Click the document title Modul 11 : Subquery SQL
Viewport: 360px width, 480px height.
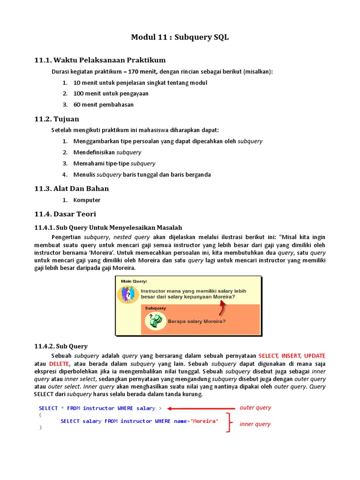coord(180,37)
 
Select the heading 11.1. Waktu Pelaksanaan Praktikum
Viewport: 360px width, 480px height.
coord(100,60)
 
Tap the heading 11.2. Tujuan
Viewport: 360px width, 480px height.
coord(57,119)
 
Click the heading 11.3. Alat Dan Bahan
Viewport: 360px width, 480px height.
coord(72,188)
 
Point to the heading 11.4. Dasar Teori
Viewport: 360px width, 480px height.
coord(65,214)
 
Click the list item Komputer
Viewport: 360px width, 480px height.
coord(87,200)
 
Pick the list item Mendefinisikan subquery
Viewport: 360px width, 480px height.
coord(107,152)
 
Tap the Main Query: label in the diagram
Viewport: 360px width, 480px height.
coord(134,281)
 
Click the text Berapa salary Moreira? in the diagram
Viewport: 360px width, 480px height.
coord(196,322)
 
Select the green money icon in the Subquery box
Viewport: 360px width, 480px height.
coord(156,321)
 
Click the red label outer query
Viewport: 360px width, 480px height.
coord(255,408)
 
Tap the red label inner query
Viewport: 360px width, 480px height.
coord(255,424)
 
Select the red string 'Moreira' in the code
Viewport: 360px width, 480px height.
coord(204,421)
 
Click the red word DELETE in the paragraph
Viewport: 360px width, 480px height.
coord(59,364)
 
